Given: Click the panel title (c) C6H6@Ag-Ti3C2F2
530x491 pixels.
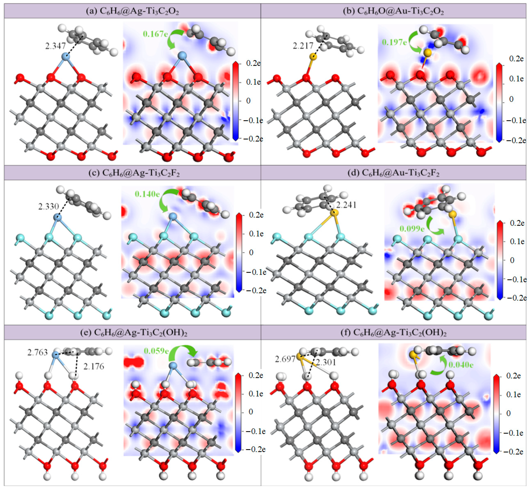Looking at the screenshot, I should click(134, 173).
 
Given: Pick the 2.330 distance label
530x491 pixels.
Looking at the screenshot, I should click(48, 207).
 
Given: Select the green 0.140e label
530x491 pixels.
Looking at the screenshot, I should click(147, 194).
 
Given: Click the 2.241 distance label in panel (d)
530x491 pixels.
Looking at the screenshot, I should click(346, 205).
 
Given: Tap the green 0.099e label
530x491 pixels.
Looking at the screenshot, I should click(412, 229).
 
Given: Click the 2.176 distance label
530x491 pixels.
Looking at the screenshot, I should click(94, 367).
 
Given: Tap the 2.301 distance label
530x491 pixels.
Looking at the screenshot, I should click(326, 362).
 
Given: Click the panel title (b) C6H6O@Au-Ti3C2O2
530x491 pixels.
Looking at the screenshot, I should click(393, 11).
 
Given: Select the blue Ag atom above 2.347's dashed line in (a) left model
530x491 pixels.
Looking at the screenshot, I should click(65, 56).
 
